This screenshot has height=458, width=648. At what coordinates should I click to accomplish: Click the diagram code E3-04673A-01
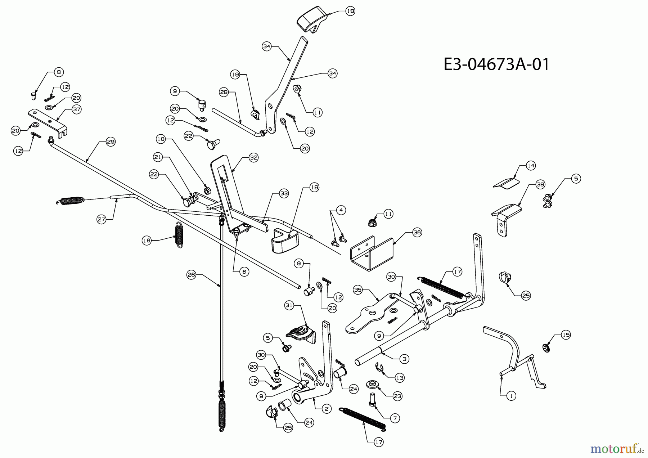click(496, 65)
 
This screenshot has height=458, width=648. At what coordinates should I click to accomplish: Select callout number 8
click(59, 72)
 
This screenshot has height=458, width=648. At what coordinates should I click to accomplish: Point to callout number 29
click(111, 142)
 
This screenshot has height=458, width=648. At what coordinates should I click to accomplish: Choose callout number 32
click(254, 158)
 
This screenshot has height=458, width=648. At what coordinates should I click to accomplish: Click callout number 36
click(417, 233)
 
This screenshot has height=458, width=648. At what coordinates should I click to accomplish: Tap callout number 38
click(540, 184)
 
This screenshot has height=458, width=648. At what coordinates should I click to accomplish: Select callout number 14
click(531, 166)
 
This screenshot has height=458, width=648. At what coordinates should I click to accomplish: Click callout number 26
click(191, 275)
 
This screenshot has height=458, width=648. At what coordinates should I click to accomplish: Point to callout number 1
click(511, 396)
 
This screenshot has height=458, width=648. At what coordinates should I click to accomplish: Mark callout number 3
click(404, 359)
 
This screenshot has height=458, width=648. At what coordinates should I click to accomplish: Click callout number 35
click(357, 290)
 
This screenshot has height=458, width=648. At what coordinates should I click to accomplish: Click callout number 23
click(397, 396)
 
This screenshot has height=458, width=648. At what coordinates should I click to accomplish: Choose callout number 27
click(102, 219)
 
